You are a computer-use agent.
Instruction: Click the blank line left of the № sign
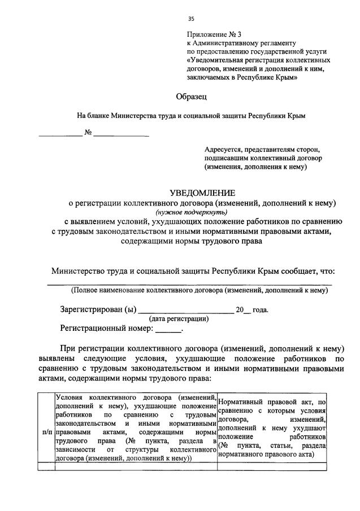click(x=60, y=134)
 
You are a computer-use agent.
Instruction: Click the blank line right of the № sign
click(x=122, y=134)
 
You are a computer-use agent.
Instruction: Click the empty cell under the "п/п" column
click(x=48, y=466)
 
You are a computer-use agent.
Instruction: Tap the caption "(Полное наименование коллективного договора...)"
click(x=199, y=291)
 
